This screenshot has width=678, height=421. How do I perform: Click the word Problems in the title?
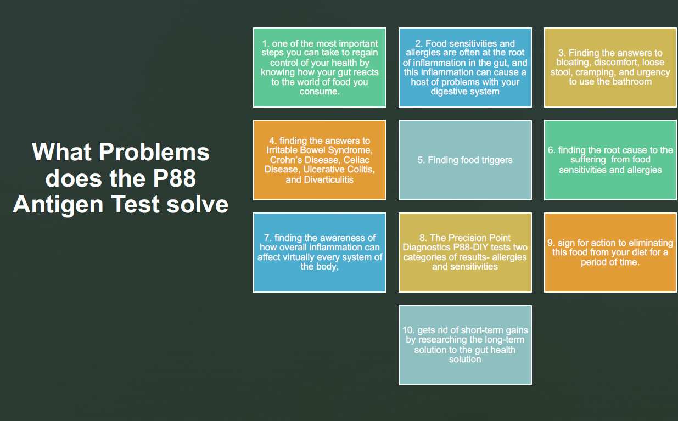pos(154,151)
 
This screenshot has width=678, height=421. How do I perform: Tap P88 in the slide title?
pos(174,178)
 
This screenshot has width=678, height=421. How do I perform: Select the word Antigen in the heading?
pos(58,205)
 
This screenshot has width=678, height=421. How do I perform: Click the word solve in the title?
pos(197,204)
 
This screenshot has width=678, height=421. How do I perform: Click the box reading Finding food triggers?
pos(465,160)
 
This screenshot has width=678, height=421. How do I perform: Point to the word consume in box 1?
pos(319,92)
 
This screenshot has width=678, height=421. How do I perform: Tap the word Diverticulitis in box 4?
pos(329,180)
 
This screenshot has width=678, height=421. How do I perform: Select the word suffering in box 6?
pos(588,160)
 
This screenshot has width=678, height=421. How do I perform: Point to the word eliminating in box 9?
pos(651,243)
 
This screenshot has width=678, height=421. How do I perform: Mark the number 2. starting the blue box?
pos(419,43)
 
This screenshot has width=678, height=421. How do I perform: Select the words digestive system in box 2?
pos(465,92)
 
